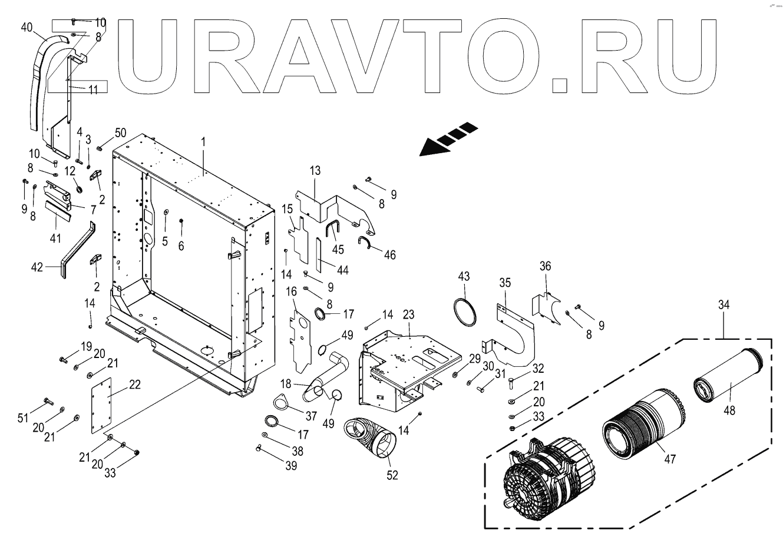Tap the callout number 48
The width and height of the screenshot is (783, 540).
[x=729, y=410]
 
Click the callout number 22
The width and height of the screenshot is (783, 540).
[x=135, y=385]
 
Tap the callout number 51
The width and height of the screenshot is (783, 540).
[x=23, y=418]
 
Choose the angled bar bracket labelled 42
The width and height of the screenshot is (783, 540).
[x=77, y=250]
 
